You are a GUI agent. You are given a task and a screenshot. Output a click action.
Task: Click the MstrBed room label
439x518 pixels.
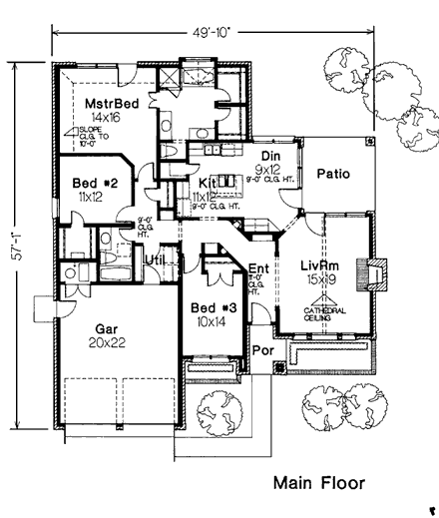coord(110,103)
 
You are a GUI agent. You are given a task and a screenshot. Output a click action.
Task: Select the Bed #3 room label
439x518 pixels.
coord(212,307)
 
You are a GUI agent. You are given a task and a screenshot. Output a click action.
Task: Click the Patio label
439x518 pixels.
coord(333,174)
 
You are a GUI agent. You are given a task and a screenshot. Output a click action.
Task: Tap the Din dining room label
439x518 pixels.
coord(269,157)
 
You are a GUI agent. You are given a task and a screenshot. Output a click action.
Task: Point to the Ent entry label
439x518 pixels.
coord(257,267)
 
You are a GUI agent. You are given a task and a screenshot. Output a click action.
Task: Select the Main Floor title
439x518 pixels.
coord(319,484)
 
